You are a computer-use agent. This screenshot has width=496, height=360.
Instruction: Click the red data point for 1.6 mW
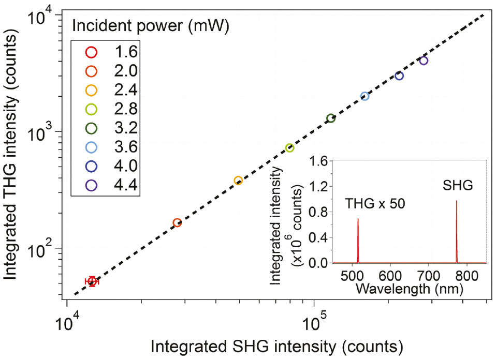click(x=92, y=281)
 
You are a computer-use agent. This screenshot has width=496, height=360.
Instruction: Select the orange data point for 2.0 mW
click(x=177, y=223)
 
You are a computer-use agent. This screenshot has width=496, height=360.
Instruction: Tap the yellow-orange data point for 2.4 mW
click(x=238, y=181)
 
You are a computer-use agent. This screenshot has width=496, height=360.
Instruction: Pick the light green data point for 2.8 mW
click(x=290, y=148)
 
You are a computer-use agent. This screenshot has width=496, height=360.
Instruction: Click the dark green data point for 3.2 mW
click(x=331, y=118)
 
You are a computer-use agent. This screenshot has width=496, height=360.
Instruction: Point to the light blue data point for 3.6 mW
click(x=364, y=96)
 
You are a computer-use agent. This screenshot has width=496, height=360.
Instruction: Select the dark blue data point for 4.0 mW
click(x=399, y=76)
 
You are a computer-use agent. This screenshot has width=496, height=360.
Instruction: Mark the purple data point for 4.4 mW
click(x=424, y=61)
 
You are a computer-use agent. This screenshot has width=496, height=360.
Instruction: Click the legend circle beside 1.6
click(x=92, y=52)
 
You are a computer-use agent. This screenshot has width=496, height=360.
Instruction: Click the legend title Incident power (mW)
click(x=144, y=24)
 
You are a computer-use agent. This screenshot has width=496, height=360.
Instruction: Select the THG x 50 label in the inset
click(x=374, y=205)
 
